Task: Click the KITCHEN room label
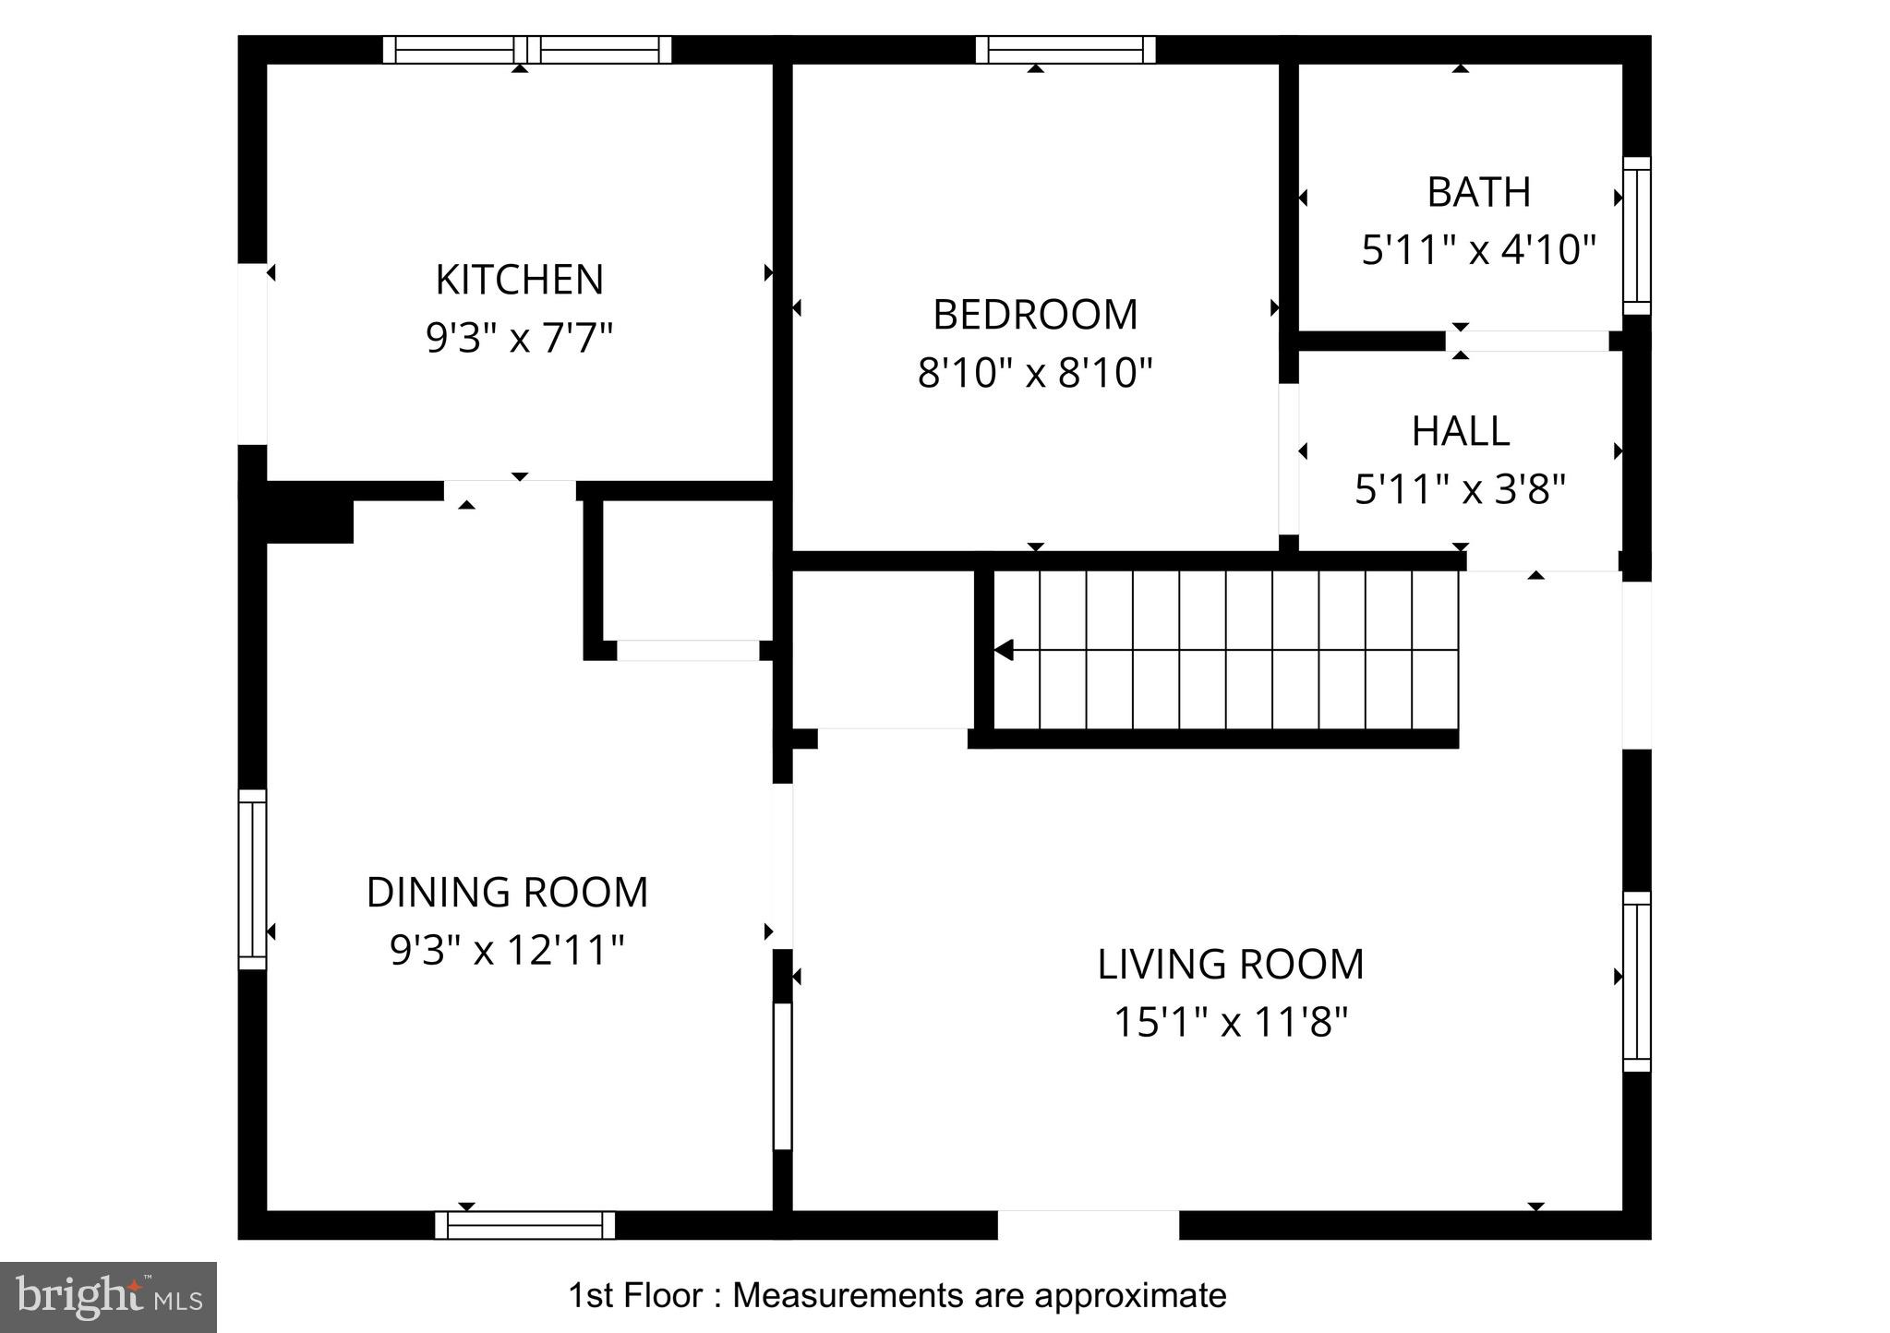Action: pos(519,280)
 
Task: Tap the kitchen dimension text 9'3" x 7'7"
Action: pos(519,338)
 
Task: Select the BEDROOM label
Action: pos(1035,315)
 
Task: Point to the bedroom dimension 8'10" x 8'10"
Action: pos(1035,374)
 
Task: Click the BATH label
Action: pos(1478,192)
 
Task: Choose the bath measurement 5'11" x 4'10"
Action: pos(1478,250)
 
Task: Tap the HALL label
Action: pos(1460,431)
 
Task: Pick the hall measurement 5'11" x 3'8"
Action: pos(1460,489)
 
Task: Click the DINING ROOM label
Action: pos(507,893)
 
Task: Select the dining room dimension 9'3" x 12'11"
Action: pos(507,950)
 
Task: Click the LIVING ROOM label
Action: pos(1230,965)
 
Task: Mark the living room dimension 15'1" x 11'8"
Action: pos(1230,1023)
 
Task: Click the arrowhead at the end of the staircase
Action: pos(1004,650)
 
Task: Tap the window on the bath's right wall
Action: pos(1636,235)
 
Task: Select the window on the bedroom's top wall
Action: pos(1065,49)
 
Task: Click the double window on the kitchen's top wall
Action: pos(526,49)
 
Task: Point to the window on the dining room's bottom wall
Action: pos(524,1225)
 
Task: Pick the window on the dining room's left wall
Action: pos(252,879)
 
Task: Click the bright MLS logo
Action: pos(108,1297)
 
